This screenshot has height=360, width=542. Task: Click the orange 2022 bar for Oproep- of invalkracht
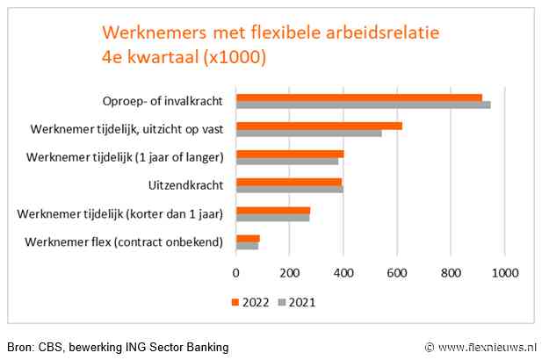[358, 97]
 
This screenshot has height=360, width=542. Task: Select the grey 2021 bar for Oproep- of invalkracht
[363, 105]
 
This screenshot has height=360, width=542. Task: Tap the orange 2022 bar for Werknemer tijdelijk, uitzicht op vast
[319, 126]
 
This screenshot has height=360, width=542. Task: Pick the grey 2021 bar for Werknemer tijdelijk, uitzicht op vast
[308, 133]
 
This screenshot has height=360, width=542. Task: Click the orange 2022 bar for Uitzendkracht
[289, 182]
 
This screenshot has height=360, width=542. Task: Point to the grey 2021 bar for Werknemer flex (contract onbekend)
[247, 246]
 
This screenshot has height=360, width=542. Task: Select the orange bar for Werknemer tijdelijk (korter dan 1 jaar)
[273, 210]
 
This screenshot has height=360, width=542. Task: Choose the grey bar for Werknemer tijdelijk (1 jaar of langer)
[287, 162]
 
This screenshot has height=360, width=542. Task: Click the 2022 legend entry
[249, 302]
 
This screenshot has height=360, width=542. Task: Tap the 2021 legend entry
[295, 302]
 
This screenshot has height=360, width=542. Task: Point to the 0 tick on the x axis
[235, 273]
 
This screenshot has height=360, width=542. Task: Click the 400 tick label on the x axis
[343, 273]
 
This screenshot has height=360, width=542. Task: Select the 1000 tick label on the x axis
[504, 273]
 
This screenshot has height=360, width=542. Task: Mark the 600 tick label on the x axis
[397, 273]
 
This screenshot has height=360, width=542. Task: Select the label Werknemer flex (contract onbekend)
[125, 241]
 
